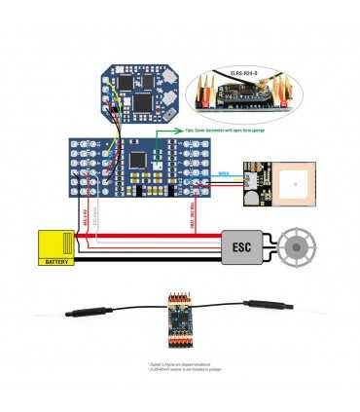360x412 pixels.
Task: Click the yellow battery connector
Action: pyautogui.click(x=56, y=243)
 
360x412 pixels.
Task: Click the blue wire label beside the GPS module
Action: pyautogui.click(x=223, y=173)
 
